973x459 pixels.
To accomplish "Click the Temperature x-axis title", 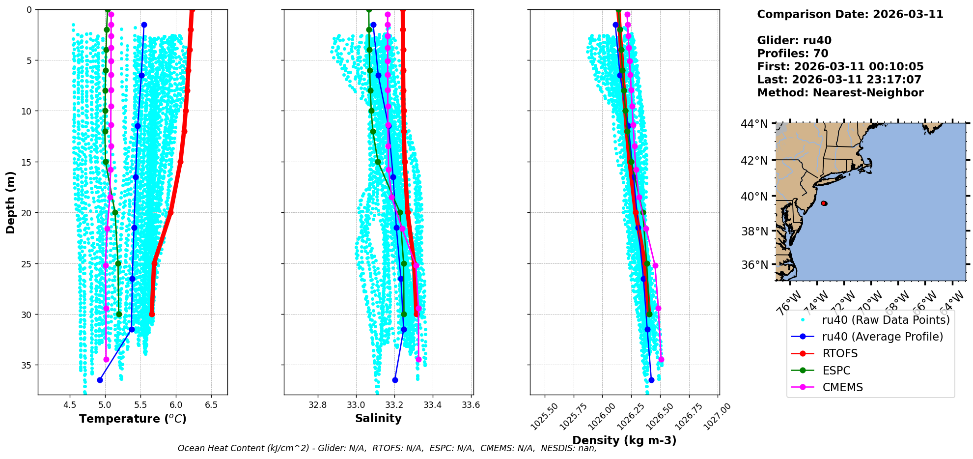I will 133,419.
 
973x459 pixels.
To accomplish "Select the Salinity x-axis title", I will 378,418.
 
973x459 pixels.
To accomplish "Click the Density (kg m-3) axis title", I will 624,440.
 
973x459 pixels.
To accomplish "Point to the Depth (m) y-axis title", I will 10,202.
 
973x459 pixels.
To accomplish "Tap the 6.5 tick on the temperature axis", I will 211,405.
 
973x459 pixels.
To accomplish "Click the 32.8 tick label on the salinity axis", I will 318,405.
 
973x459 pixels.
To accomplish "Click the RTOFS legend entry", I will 840,354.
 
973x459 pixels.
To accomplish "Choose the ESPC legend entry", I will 836,371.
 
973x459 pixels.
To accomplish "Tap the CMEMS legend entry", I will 842,387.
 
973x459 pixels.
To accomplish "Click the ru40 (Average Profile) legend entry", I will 882,337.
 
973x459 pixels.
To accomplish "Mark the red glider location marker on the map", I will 824,203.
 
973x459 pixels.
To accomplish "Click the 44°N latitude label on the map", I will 754,124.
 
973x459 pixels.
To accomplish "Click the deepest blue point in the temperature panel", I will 100,380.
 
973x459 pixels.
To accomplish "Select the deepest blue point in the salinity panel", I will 395,380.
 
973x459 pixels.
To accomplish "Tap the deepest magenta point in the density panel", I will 661,359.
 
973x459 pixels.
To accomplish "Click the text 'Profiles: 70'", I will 792,54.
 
